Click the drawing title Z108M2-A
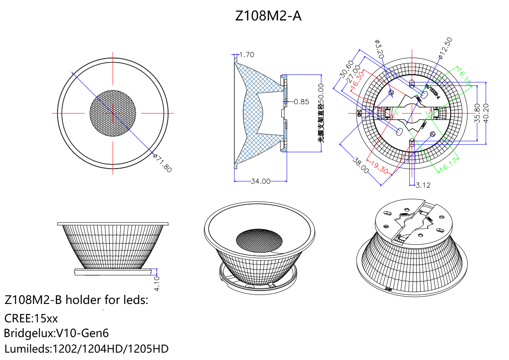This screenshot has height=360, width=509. pyautogui.click(x=269, y=16)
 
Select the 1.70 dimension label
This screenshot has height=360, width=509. pyautogui.click(x=247, y=54)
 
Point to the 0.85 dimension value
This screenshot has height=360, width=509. pyautogui.click(x=301, y=101)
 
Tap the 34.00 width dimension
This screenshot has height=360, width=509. pyautogui.click(x=260, y=181)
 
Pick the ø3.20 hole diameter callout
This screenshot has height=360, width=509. pyautogui.click(x=379, y=48)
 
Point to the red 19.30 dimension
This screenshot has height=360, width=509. pyautogui.click(x=380, y=167)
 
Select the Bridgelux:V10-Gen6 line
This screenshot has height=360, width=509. pyautogui.click(x=56, y=333)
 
